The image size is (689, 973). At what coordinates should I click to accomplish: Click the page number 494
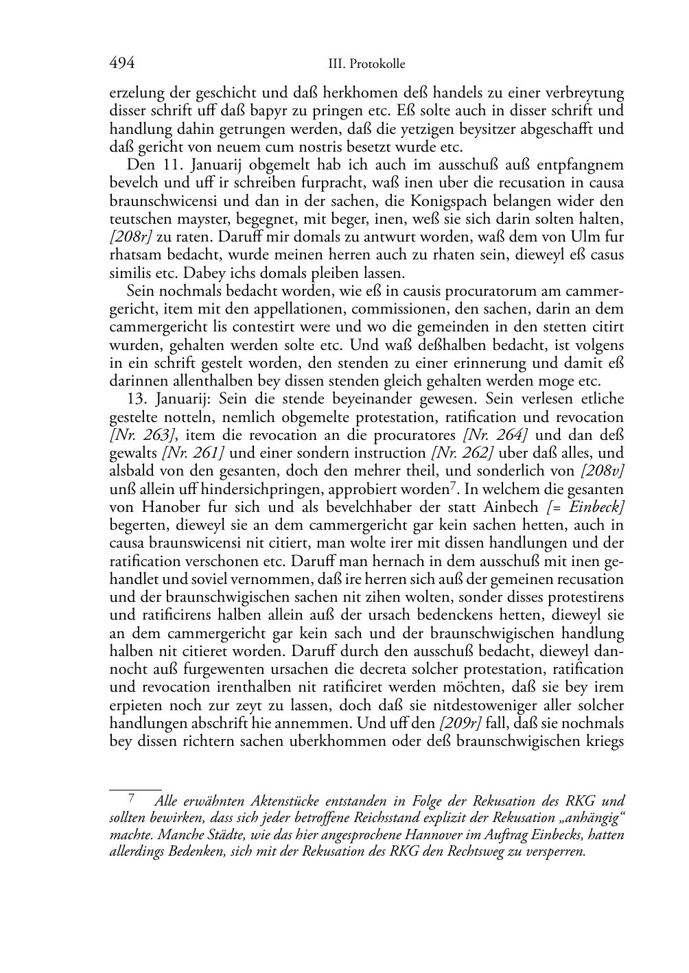(x=121, y=64)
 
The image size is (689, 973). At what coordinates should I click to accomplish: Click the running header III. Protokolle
(x=366, y=65)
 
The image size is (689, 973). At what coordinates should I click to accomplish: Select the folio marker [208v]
(x=602, y=471)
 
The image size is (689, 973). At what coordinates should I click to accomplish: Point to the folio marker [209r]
(x=460, y=723)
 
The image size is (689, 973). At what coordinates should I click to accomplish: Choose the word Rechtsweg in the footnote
(x=480, y=853)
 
